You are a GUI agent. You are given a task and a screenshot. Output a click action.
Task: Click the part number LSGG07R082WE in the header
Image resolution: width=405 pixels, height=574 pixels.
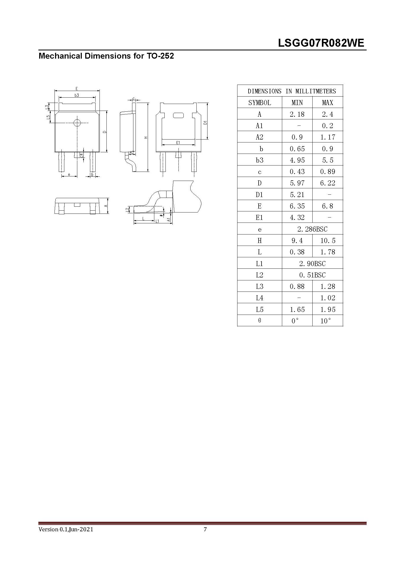(321, 43)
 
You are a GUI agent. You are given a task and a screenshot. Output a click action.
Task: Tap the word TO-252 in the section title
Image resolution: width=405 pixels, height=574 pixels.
(159, 56)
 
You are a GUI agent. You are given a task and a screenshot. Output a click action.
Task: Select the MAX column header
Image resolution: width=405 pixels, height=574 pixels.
(327, 103)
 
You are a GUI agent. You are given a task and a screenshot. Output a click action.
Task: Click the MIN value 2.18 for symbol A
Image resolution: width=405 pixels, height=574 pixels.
(297, 114)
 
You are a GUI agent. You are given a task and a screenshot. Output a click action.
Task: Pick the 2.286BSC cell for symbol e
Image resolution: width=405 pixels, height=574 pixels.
(312, 229)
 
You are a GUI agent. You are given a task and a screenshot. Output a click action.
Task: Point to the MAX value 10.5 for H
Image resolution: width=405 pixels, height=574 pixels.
(328, 241)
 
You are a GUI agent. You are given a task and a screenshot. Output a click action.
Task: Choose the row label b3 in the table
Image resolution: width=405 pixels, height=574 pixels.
(259, 160)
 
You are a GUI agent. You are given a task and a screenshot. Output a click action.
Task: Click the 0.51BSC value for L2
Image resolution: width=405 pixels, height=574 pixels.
(312, 275)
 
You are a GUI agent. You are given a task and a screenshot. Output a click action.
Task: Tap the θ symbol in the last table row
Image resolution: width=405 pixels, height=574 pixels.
(259, 321)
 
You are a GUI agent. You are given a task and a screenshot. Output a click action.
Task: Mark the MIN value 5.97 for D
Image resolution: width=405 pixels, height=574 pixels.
(297, 183)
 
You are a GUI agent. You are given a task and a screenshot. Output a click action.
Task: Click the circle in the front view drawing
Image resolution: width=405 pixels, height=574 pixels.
(77, 123)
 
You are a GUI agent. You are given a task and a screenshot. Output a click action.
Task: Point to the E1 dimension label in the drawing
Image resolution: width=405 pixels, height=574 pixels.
(178, 143)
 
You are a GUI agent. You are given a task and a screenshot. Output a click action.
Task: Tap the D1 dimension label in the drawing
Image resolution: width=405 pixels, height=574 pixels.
(205, 123)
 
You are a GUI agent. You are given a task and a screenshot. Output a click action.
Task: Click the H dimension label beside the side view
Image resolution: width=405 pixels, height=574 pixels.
(146, 138)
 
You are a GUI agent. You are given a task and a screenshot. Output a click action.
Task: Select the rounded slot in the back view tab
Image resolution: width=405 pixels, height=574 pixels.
(178, 116)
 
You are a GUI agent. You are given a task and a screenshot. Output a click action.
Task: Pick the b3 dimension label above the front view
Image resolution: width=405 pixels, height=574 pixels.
(76, 95)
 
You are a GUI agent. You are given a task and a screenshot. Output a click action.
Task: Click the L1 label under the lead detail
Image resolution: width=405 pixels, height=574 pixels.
(157, 221)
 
